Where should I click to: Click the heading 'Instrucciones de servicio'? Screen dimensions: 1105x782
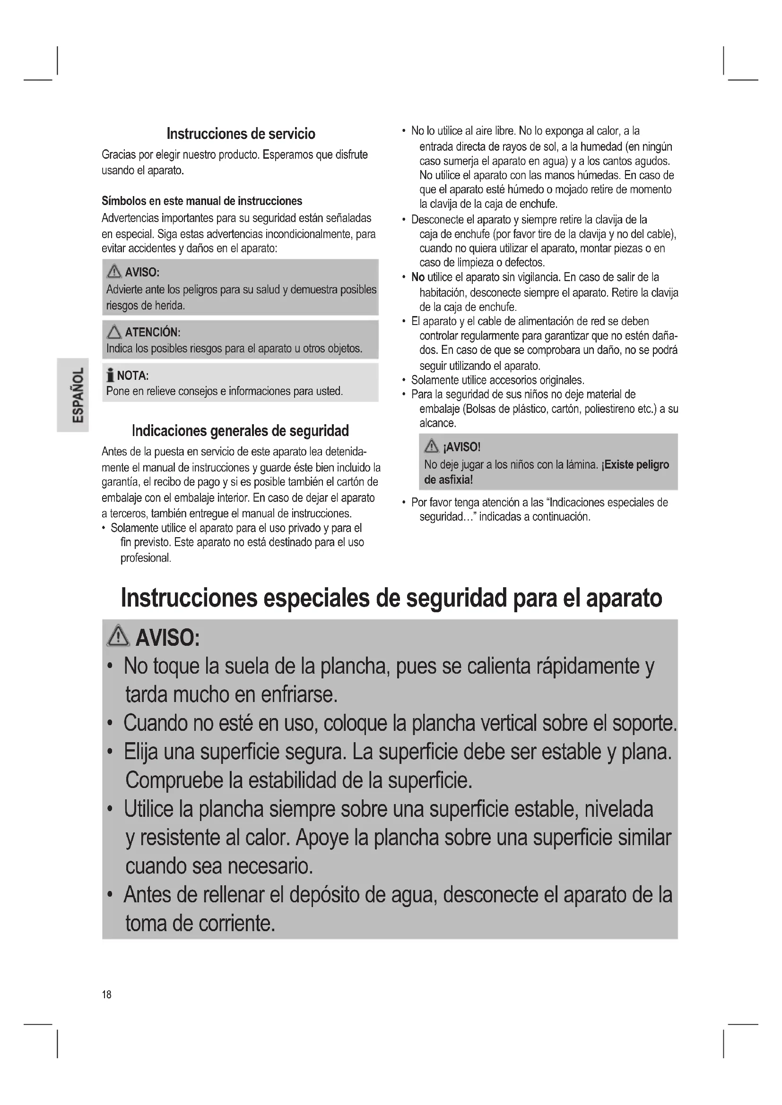241,133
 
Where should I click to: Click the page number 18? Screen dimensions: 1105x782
106,994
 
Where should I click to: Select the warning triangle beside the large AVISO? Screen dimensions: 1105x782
119,637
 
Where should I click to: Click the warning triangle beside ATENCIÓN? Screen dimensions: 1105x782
114,332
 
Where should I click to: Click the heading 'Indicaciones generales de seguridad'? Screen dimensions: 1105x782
240,430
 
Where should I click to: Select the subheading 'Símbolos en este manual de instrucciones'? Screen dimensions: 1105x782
202,201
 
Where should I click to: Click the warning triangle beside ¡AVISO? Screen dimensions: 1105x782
431,446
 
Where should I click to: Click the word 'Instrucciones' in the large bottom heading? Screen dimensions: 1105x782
188,598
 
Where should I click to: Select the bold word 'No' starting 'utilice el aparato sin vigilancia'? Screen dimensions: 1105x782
417,277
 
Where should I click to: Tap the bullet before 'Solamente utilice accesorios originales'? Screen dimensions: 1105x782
403,381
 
